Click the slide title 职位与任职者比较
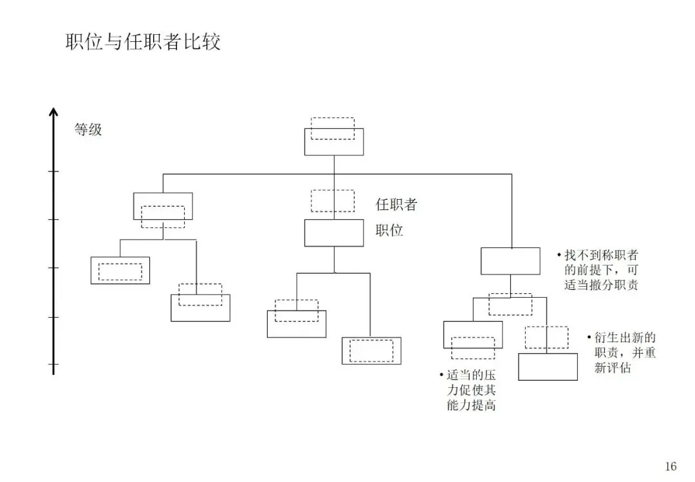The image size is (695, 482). click(x=143, y=43)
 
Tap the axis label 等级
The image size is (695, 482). click(x=88, y=130)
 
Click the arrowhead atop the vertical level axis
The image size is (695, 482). click(x=53, y=113)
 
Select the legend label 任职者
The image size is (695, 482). click(x=396, y=205)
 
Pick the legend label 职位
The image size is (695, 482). click(x=389, y=230)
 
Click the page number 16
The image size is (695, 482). click(x=671, y=467)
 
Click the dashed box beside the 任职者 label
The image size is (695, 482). click(x=332, y=200)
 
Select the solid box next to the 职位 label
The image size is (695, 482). click(x=333, y=233)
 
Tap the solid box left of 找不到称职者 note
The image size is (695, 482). click(x=510, y=261)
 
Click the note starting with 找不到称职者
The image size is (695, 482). click(x=601, y=270)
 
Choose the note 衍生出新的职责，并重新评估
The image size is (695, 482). click(x=621, y=353)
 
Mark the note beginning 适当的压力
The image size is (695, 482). click(x=470, y=390)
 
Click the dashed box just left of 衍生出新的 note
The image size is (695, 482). click(x=546, y=337)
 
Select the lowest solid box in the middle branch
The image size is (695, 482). click(x=371, y=351)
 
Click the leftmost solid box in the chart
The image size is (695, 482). click(x=120, y=271)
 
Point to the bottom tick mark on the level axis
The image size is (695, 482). click(x=53, y=365)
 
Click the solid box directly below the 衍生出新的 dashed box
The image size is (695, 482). click(x=548, y=367)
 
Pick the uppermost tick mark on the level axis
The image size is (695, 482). click(x=53, y=172)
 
